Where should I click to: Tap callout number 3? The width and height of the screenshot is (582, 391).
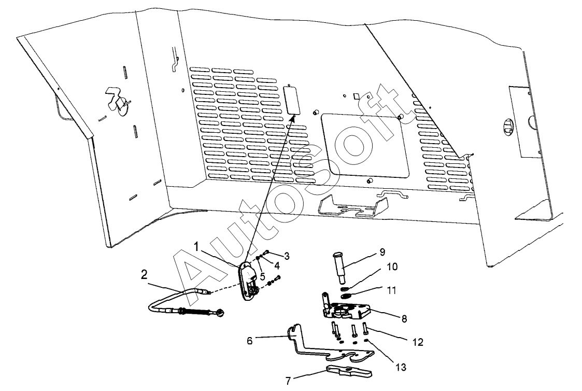point(286,256)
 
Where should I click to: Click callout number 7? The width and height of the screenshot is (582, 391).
point(288,380)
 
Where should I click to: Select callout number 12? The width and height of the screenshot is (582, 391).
point(418,342)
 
